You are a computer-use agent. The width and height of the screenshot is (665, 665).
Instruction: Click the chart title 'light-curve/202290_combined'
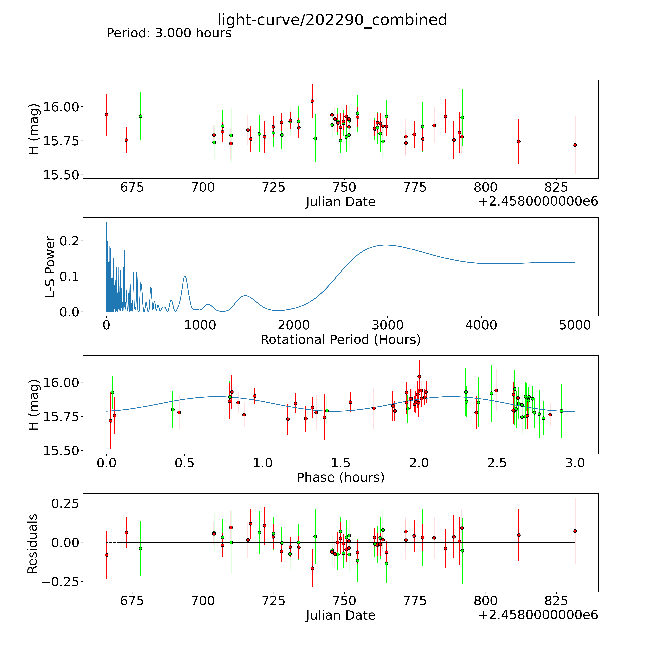(x=332, y=20)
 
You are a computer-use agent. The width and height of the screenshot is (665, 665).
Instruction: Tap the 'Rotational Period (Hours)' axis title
(x=340, y=340)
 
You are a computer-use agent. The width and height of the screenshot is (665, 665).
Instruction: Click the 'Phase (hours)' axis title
(x=340, y=477)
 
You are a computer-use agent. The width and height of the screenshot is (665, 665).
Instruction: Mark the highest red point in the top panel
(x=312, y=101)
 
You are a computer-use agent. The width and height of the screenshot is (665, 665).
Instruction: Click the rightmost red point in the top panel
(x=575, y=145)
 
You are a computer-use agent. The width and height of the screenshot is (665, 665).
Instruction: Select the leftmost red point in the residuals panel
(x=106, y=555)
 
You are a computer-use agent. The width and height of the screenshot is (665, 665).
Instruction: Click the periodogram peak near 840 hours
(x=185, y=276)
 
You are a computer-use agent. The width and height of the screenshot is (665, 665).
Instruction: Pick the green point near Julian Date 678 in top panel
(x=140, y=116)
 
